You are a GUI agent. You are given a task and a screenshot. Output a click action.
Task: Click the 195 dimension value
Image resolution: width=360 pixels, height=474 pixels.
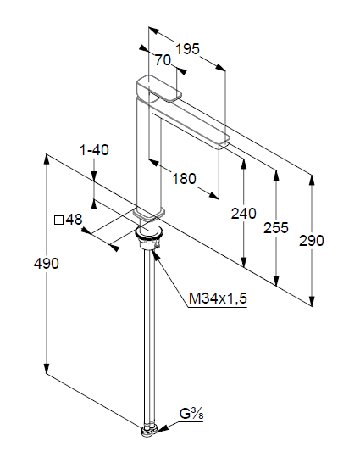pos(187,49)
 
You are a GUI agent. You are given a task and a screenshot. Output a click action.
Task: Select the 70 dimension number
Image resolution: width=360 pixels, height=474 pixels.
pos(163,60)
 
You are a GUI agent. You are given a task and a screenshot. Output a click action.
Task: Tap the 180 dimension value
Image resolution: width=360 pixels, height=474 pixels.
pos(184,179)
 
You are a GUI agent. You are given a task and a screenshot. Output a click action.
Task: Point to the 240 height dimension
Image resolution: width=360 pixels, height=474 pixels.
pos(243,214)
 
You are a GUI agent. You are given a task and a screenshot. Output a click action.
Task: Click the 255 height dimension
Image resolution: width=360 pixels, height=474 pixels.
pos(276,227)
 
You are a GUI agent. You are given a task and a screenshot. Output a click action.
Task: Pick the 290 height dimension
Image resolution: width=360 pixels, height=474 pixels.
pos(312,241)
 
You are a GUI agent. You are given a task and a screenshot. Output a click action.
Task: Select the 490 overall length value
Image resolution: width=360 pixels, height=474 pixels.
pos(47,264)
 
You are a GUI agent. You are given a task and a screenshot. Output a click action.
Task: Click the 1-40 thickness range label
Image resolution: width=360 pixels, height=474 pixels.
pos(94,150)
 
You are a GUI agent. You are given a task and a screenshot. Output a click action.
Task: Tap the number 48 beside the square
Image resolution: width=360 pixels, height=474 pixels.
pos(74,220)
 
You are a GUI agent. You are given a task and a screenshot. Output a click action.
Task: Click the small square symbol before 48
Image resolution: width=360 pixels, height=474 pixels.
pos(59,220)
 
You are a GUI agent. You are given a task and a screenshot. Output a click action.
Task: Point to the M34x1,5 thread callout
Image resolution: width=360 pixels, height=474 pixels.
pos(218,298)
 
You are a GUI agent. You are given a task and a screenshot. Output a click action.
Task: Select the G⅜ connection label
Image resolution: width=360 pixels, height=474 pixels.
pos(191,414)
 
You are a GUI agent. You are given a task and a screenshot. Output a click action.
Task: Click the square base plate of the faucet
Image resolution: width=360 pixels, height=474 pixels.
pos(150,213)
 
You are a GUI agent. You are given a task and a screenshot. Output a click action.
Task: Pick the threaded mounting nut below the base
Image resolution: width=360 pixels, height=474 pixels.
pos(149,237)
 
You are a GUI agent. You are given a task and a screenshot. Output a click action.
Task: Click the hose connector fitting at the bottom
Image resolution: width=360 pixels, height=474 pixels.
pos(149,431)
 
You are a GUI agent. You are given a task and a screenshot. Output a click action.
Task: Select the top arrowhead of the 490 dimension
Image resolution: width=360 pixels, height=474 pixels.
pos(47,159)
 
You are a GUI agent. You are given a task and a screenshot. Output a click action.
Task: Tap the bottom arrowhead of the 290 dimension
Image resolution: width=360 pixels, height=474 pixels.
pos(312,300)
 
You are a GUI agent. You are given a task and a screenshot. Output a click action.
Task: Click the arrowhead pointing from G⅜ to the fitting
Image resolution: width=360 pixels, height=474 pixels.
pos(162,428)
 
